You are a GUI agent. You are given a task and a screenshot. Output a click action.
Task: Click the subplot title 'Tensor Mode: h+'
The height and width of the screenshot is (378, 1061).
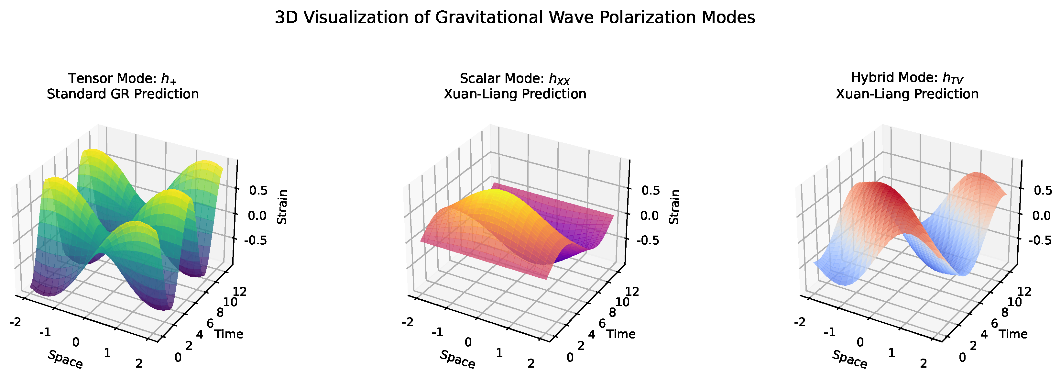(x=122, y=78)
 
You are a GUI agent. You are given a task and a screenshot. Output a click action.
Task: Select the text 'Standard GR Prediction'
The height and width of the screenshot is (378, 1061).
(x=122, y=94)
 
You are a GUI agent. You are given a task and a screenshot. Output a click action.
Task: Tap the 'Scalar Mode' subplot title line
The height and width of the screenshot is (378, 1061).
(x=514, y=78)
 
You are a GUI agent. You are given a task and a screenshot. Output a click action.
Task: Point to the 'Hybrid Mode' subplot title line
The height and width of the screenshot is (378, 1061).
(x=907, y=78)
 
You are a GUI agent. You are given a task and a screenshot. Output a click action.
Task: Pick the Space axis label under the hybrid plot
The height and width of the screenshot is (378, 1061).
(x=849, y=360)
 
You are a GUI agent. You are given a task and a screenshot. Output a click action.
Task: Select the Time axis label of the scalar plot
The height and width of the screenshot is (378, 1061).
(x=621, y=334)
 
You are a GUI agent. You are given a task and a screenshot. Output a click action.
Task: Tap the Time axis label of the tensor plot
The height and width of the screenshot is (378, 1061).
(x=229, y=334)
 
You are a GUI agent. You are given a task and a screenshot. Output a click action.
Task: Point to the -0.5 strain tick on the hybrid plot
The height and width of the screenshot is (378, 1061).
(x=1039, y=240)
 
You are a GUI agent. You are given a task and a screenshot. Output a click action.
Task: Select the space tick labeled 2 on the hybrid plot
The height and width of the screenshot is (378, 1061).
(x=924, y=363)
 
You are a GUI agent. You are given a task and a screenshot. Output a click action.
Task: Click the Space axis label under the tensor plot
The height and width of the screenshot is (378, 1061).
(x=65, y=360)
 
